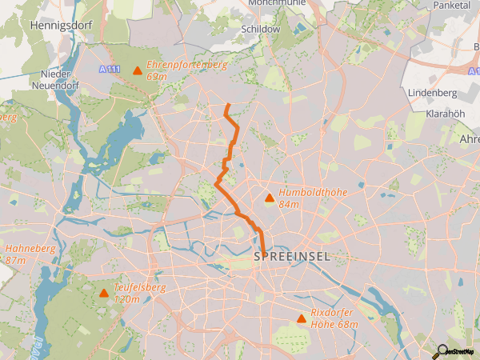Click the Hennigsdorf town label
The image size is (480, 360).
click(x=61, y=26)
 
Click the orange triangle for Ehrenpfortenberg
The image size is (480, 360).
click(x=138, y=71)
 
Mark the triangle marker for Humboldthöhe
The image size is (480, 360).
click(x=270, y=198)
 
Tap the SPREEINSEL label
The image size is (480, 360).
click(x=290, y=257)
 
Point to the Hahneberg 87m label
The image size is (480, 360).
click(x=30, y=254)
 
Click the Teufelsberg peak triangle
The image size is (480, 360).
click(x=104, y=293)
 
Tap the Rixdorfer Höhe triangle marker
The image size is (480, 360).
click(x=302, y=319)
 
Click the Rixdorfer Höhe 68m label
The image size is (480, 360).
click(x=334, y=319)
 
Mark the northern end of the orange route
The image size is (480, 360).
click(x=227, y=105)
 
